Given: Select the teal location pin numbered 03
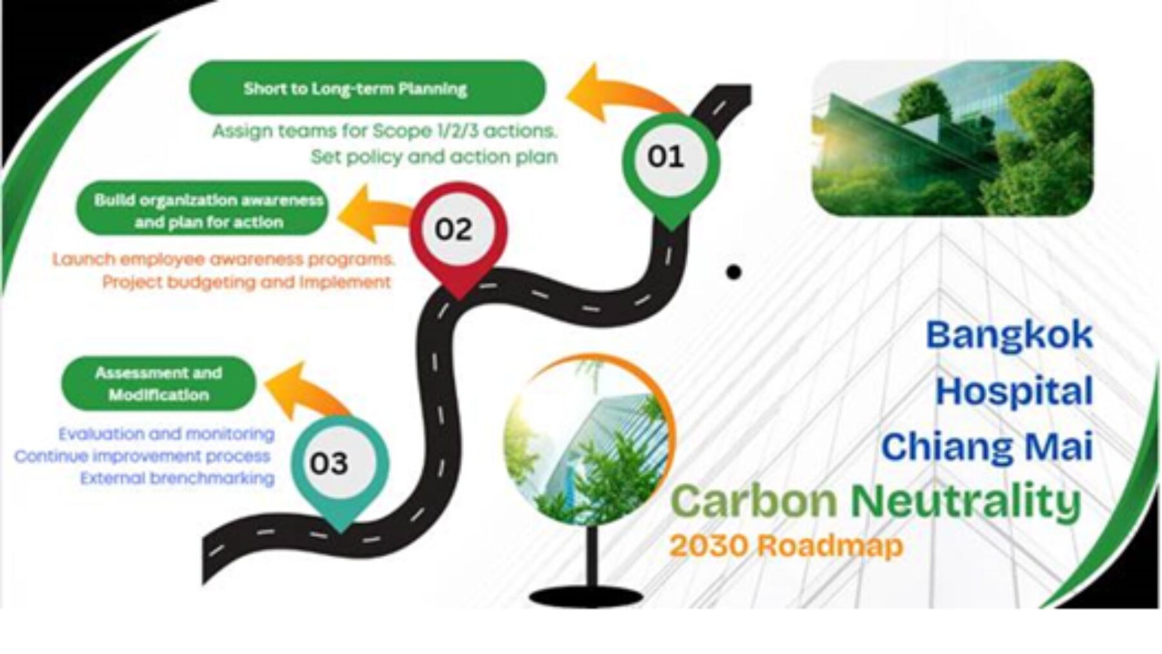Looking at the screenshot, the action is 340,468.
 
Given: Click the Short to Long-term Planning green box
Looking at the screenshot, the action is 367,88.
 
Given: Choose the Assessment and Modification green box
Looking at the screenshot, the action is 159,383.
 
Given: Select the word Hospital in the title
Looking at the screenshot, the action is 1014,391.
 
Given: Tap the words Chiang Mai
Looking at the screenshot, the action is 987,447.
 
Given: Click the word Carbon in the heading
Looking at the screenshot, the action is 755,501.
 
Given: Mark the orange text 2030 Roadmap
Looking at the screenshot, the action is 786,546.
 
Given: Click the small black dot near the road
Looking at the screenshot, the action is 733,272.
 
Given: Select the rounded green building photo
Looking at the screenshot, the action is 952,138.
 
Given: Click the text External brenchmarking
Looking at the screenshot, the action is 178,478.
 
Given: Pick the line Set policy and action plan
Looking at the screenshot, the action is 434,157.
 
